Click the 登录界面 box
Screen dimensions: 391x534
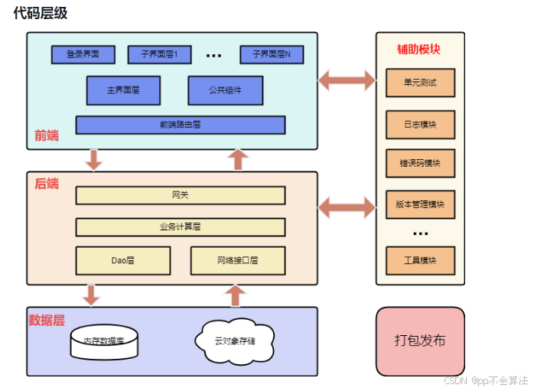tap(83, 54)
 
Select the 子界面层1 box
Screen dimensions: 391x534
tap(159, 54)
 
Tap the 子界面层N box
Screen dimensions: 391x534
tap(271, 54)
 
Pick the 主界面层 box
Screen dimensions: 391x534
tap(123, 90)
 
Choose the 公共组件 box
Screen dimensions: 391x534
tap(225, 90)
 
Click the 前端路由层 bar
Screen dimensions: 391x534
tap(180, 125)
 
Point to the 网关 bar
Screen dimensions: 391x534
tap(180, 195)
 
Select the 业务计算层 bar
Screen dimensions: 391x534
tap(180, 227)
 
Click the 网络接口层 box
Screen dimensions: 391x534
tap(237, 260)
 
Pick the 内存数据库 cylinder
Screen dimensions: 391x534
tap(104, 342)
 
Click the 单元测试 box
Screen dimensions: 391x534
tap(420, 83)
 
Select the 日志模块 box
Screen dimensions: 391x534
tap(420, 124)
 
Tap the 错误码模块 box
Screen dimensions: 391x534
tap(420, 164)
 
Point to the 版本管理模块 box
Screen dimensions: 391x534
tap(420, 205)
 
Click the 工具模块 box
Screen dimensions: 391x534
tap(420, 260)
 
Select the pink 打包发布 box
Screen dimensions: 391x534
tap(420, 341)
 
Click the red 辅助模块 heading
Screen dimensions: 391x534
tap(418, 49)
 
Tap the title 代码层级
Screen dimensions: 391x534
tap(39, 13)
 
